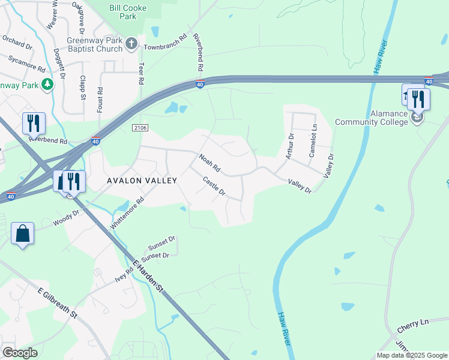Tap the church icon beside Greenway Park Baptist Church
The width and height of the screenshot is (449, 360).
click(x=132, y=44)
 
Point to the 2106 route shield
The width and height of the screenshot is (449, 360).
click(x=140, y=127)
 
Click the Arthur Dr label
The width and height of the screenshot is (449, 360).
click(x=291, y=145)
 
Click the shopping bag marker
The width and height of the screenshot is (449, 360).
click(x=22, y=234)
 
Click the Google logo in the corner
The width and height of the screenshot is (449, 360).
click(x=20, y=353)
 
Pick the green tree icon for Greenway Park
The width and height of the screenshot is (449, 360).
click(x=47, y=85)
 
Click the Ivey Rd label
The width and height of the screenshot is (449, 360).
click(x=124, y=275)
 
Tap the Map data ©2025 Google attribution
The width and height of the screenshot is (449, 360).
click(x=412, y=355)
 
